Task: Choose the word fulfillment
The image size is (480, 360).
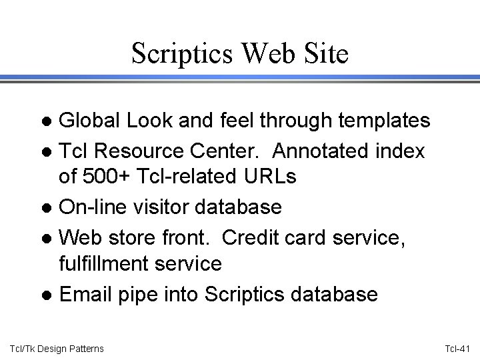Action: (108, 264)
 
